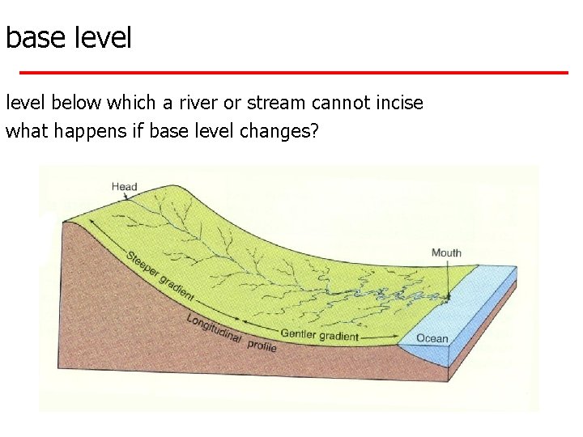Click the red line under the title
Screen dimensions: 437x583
291,72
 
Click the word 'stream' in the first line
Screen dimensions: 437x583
273,103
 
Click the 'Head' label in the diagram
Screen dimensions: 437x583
124,187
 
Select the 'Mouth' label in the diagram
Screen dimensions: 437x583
446,252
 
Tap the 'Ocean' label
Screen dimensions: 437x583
432,337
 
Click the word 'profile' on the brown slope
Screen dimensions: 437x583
262,346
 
